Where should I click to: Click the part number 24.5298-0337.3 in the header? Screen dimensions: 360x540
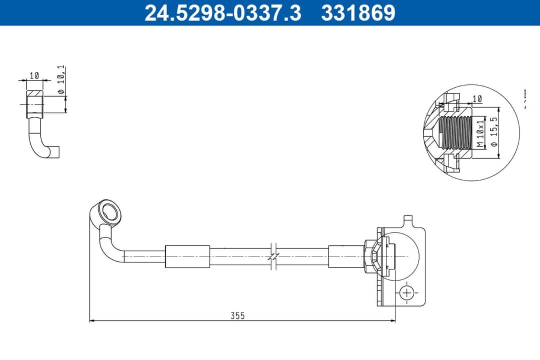coord(223,13)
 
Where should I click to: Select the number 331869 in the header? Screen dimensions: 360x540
coord(358,13)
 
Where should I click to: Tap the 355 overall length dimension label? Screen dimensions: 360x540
coord(237,315)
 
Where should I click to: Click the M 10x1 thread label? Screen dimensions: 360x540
coord(479,133)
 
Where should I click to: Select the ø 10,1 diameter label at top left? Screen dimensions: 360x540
coord(61,80)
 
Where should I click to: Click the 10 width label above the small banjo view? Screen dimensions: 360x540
coord(34,75)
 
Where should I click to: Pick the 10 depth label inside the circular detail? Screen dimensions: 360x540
coord(476,99)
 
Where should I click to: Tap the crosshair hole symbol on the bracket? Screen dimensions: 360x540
coord(407,292)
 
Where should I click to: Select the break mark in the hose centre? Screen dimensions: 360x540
coord(273,256)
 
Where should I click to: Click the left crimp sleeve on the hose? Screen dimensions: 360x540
coord(187,256)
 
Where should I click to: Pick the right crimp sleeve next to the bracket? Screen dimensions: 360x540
coord(345,256)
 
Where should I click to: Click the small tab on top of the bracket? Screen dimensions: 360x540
coord(408,219)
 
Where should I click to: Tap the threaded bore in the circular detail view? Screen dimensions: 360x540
coord(455,132)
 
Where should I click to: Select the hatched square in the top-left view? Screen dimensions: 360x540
coord(35,95)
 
